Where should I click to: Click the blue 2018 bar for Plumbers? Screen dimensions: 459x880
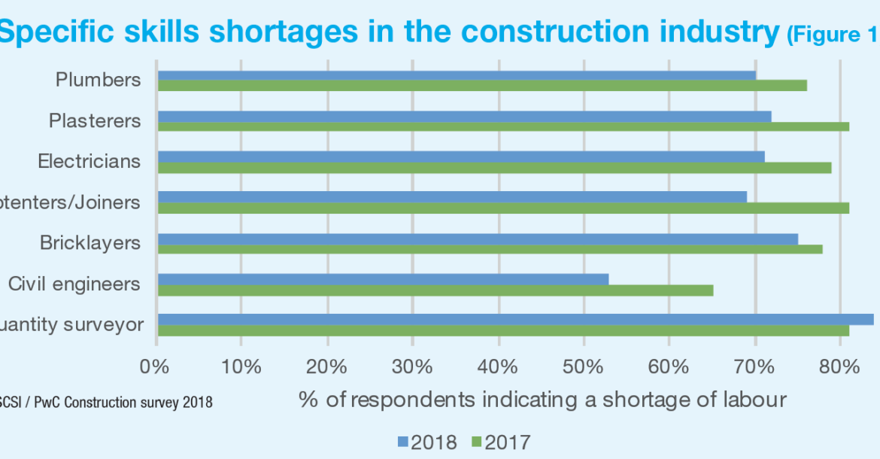coord(456,75)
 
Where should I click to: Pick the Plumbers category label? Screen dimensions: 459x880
coord(98,80)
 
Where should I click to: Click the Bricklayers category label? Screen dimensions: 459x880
coord(90,243)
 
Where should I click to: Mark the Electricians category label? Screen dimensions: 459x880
coord(89,162)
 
